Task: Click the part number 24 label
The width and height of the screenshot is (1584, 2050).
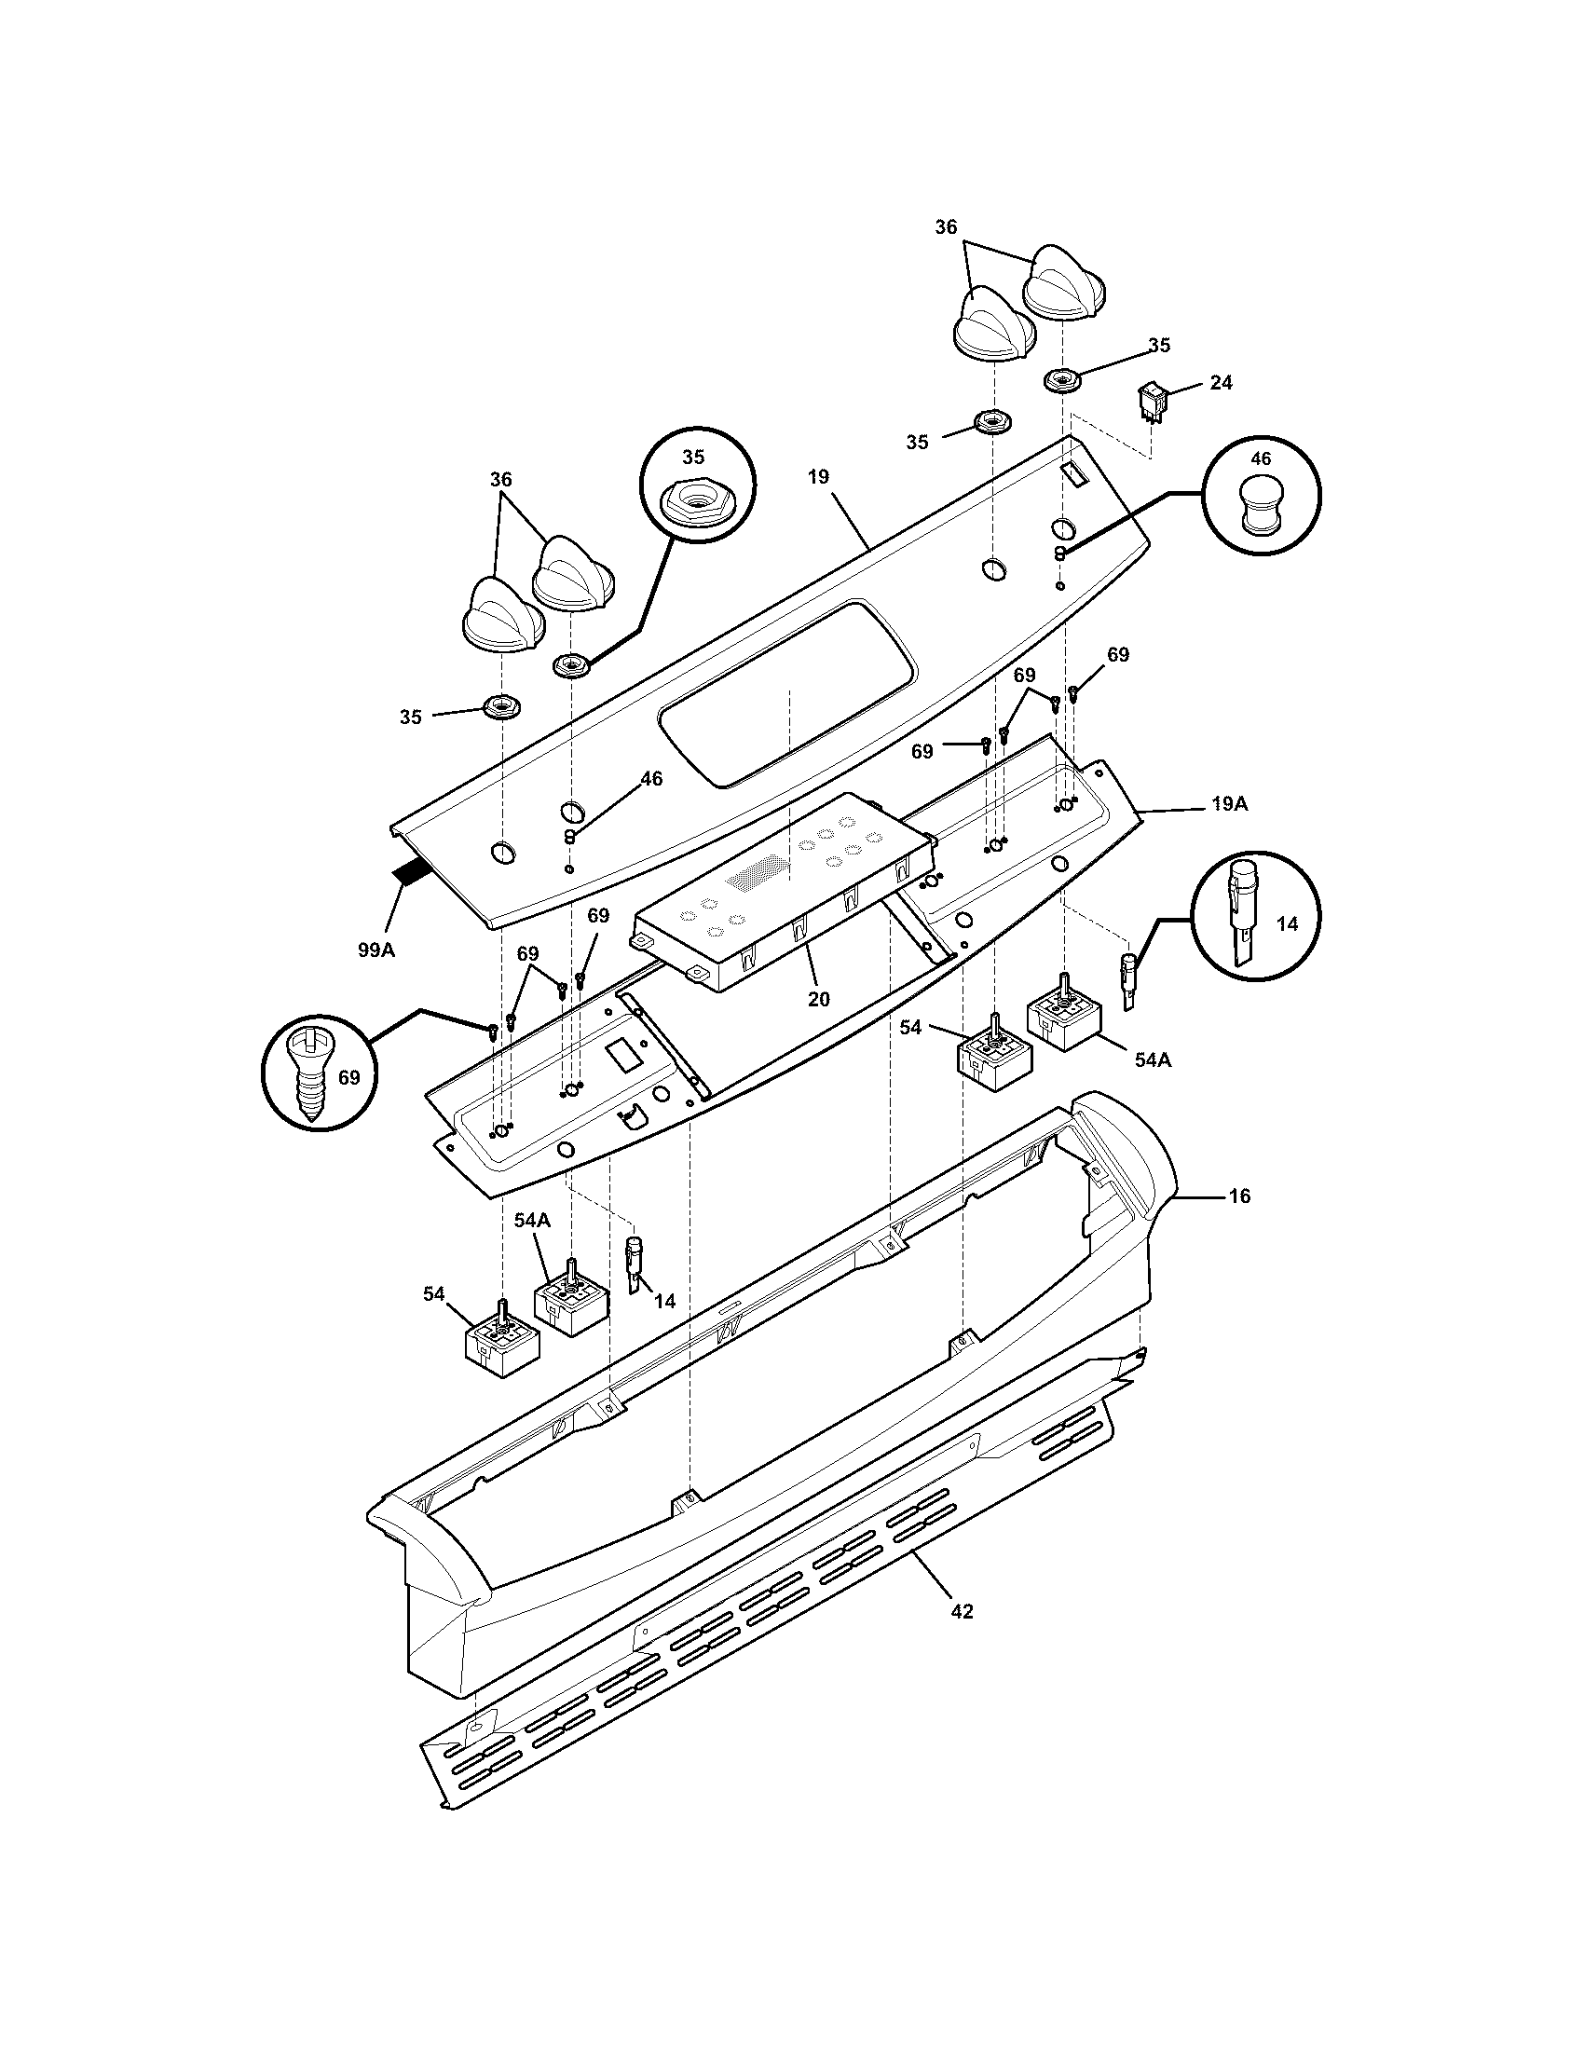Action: pos(1221,382)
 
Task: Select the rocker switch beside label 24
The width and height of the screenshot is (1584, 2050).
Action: pos(1151,402)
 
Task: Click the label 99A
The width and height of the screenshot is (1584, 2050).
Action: pos(376,949)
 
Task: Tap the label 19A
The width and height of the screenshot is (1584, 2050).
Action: pos(1229,804)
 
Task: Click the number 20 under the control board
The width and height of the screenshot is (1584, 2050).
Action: pos(818,999)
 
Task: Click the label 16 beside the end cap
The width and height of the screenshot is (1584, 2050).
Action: pos(1239,1196)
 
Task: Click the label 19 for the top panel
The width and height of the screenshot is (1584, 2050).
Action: pos(818,477)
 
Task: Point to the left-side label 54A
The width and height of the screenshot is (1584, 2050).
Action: pos(531,1221)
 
